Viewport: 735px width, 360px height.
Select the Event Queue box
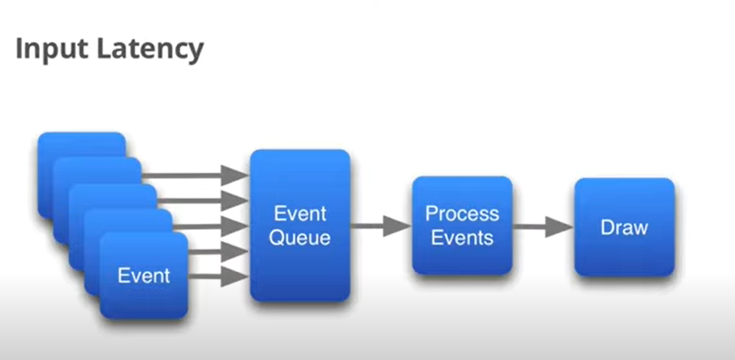(x=300, y=225)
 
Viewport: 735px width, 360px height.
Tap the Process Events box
(x=462, y=225)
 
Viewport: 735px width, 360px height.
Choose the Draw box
(x=624, y=227)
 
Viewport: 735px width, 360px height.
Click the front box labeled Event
(x=144, y=275)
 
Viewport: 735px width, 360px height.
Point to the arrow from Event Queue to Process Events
(x=381, y=226)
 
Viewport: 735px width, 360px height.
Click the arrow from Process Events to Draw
(x=542, y=227)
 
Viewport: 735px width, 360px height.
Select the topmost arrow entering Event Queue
(x=195, y=175)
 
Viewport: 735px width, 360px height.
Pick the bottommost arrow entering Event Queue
(x=218, y=276)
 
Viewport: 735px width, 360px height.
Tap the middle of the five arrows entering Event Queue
(x=211, y=226)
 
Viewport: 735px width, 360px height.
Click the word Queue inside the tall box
(x=300, y=238)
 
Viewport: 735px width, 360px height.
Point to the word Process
(x=462, y=214)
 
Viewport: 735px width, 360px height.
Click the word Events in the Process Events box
(x=462, y=237)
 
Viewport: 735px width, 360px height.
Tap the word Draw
(x=624, y=227)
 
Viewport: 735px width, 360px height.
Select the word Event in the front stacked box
(x=144, y=275)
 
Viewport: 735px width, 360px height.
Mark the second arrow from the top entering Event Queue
(x=203, y=201)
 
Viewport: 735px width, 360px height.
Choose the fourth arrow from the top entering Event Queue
(x=218, y=251)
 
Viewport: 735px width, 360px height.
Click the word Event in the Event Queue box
(x=300, y=214)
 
